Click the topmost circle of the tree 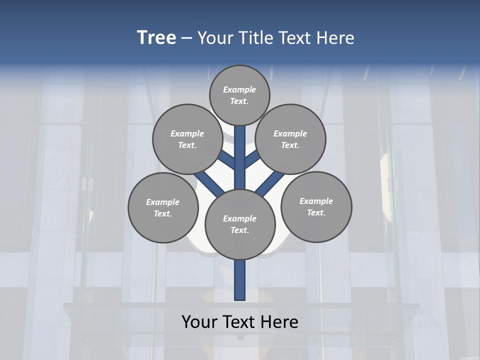239,95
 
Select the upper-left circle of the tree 187,139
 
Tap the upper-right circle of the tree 290,139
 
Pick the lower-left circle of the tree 163,207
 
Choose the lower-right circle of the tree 316,206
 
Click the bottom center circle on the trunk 240,224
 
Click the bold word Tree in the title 156,37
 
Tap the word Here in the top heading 334,37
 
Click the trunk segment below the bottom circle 240,280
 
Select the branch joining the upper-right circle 252,159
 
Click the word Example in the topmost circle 239,89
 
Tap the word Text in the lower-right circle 316,212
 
